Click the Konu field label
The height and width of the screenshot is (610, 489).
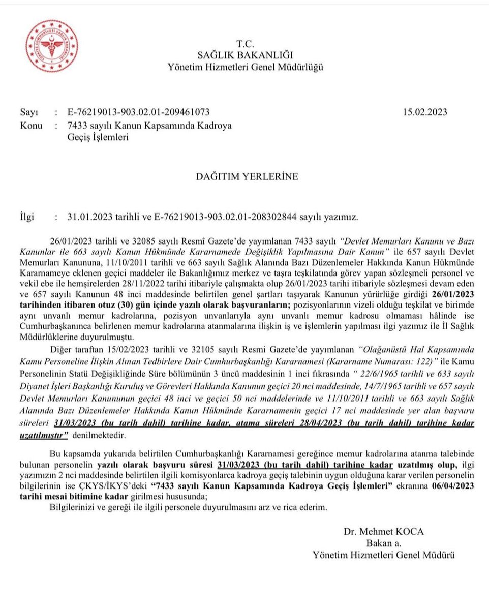(x=31, y=126)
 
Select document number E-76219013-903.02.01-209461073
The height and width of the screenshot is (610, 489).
(x=138, y=112)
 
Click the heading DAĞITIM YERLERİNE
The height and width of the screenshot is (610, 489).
(x=247, y=177)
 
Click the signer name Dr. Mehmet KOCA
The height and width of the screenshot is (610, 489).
(x=383, y=532)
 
